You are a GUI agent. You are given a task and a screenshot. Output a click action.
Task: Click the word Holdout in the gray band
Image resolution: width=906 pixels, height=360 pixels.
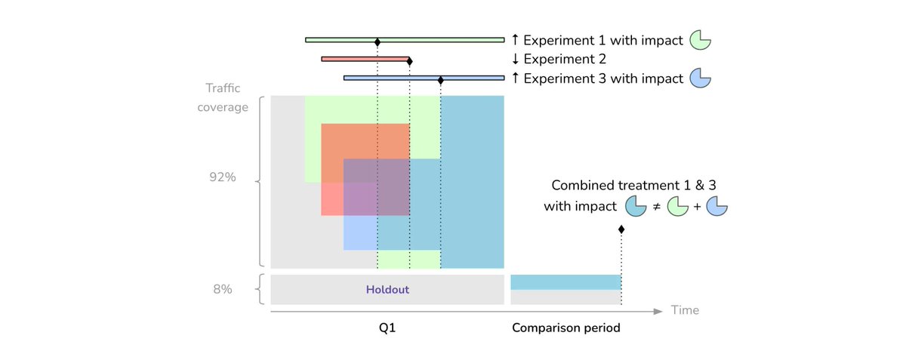coord(387,289)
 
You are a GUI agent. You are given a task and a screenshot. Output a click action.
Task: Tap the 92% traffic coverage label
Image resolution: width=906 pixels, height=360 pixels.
coord(223,178)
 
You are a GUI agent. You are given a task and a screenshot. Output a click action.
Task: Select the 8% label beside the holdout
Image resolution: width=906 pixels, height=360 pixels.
coord(222,289)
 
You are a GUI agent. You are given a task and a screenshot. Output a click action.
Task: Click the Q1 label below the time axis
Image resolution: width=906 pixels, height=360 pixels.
coord(387,328)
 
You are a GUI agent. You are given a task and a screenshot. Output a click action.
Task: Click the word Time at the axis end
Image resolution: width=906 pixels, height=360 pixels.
coord(685,310)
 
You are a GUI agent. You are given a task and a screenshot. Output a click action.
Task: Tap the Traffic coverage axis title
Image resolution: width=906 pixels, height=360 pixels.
coord(223,97)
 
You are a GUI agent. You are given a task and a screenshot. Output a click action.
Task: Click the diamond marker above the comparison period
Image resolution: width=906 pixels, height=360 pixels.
coord(621,229)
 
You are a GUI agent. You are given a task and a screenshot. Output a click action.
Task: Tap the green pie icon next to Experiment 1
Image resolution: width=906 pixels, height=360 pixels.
coord(701,40)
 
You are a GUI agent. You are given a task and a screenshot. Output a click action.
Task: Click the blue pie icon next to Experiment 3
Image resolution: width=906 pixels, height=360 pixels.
coord(701,78)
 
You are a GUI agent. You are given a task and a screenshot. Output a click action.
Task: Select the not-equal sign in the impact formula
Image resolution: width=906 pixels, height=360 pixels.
coord(657,205)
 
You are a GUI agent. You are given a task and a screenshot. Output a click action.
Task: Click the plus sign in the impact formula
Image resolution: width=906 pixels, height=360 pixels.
coord(697,205)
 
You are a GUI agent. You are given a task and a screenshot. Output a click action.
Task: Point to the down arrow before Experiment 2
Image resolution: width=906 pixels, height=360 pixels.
coord(516,59)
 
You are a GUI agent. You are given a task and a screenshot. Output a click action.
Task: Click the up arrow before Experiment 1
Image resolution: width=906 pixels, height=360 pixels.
coord(516,40)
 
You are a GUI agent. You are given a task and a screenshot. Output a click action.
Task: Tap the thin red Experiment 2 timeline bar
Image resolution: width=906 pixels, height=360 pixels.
coord(362,59)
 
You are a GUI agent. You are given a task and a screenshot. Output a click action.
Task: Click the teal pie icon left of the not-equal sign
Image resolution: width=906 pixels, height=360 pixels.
coord(636,205)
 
